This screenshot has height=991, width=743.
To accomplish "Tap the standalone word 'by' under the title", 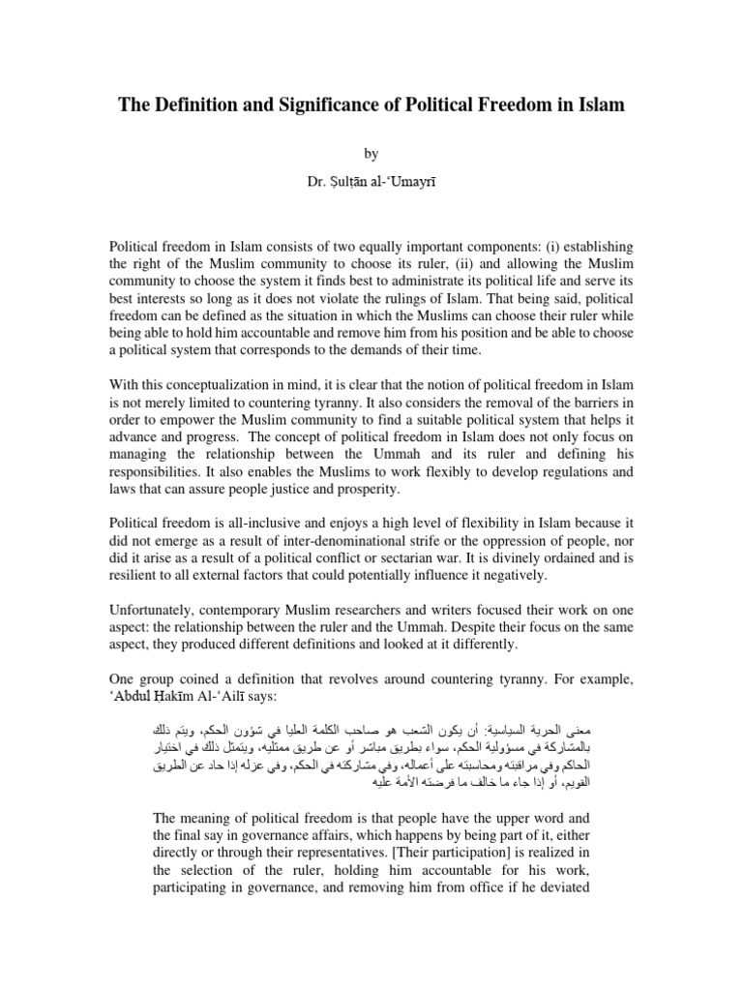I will (x=371, y=152).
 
